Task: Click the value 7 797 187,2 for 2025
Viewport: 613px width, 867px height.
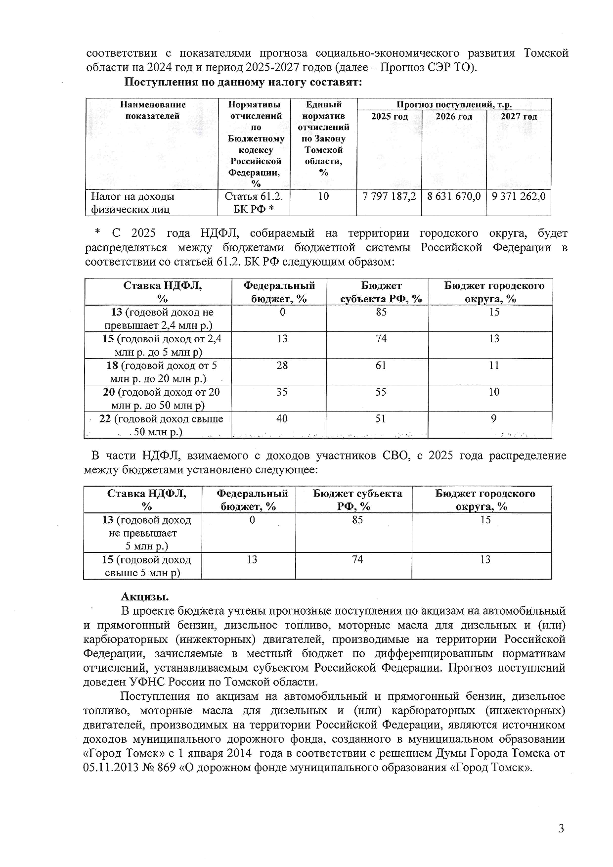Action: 389,196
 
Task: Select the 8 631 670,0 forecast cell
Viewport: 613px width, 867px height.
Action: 454,196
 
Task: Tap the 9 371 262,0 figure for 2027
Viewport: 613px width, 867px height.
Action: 519,196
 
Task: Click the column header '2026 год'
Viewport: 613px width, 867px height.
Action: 454,117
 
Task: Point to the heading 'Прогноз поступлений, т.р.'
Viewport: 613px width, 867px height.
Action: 454,104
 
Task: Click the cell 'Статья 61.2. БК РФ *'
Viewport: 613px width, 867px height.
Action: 254,202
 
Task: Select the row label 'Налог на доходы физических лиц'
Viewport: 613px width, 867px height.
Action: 132,202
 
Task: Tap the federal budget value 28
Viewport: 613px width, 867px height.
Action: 282,365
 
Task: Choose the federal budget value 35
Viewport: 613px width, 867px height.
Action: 282,392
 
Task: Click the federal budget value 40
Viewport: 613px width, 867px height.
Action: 282,419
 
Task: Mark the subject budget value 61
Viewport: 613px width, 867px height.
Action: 381,365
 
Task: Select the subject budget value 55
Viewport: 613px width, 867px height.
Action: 381,392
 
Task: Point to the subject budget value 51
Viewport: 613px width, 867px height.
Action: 381,419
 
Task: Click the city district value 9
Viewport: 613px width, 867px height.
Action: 493,419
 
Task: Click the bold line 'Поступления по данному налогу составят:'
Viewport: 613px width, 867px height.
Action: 243,82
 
